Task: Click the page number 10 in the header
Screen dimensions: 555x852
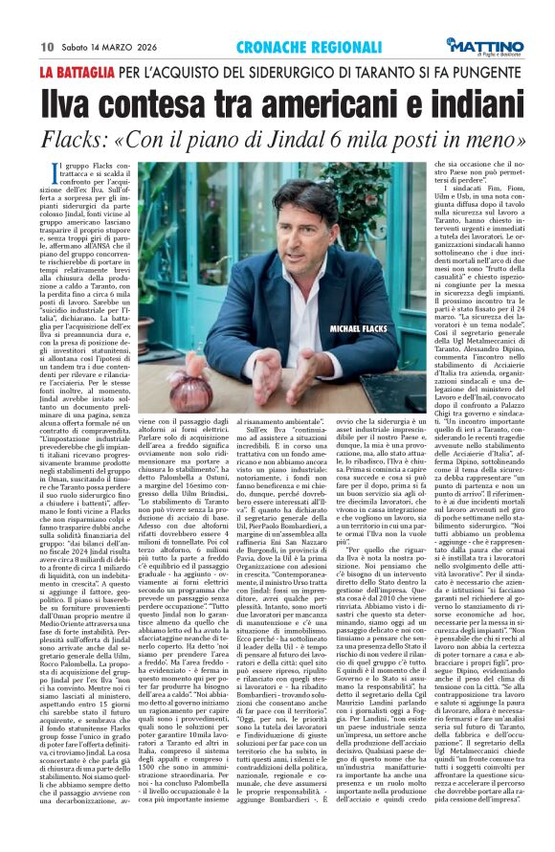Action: click(x=46, y=45)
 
